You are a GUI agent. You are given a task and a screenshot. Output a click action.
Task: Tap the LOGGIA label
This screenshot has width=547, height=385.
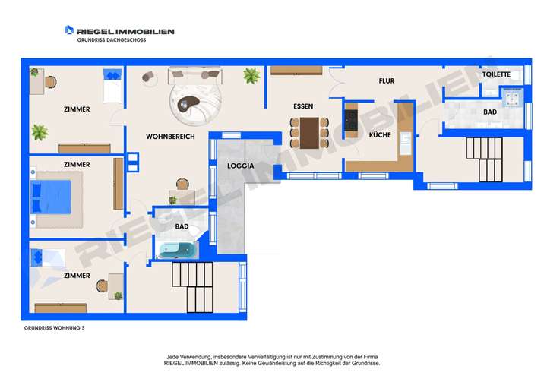(239, 165)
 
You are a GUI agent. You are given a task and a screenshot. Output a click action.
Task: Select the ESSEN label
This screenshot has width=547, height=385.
(303, 106)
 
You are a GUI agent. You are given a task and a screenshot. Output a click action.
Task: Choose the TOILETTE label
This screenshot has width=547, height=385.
(497, 74)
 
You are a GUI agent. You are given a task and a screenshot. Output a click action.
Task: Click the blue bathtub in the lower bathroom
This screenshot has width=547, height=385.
(176, 250)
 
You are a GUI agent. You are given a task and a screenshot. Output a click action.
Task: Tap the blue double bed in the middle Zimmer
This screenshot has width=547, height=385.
(49, 197)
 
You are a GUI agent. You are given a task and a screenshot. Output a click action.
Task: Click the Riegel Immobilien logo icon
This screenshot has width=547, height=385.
(69, 30)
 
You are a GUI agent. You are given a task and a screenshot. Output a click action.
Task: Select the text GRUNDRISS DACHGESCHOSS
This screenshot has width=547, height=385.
(111, 39)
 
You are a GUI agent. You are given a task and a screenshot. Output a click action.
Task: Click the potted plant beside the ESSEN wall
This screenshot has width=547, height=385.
(249, 75)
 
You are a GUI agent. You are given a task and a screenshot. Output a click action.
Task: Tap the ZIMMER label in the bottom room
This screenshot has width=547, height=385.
(77, 276)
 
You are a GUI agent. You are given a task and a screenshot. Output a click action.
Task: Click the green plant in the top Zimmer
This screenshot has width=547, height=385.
(40, 133)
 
